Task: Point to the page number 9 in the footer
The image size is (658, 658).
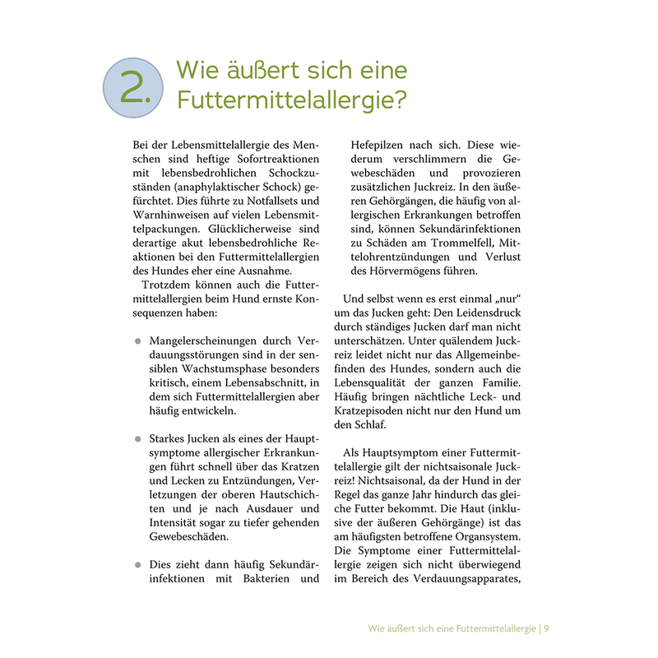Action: point(545,629)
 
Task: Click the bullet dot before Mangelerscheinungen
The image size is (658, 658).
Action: point(137,341)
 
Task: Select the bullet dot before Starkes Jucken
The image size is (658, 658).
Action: point(137,439)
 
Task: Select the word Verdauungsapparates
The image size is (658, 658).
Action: point(471,581)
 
